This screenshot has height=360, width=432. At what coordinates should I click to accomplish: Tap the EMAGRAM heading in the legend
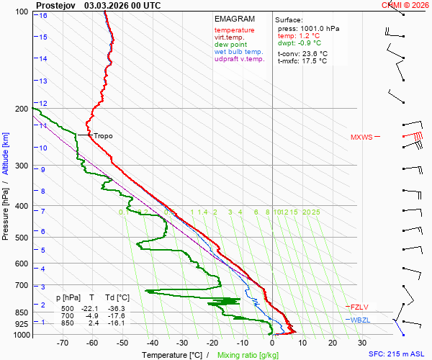coord(235,19)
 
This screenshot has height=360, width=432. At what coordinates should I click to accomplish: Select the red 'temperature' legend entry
coord(234,30)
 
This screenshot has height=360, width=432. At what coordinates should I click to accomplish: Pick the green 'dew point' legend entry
coord(230,45)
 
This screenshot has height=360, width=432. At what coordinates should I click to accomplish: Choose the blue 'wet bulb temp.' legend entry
coord(239,52)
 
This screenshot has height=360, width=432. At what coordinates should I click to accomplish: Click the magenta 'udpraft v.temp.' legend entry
coord(240,59)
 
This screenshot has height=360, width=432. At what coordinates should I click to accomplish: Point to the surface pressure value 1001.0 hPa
coord(318,28)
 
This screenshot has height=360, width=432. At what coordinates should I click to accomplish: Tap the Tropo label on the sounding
coord(103,135)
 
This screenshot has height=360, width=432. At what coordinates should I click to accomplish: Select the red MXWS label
coord(361,137)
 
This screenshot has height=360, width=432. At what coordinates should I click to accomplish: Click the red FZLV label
coord(359,307)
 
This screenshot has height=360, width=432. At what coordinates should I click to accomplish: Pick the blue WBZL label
coord(360,320)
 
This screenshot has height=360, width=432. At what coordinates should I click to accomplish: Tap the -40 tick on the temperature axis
coord(152,343)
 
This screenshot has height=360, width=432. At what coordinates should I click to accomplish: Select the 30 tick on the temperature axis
coord(362,343)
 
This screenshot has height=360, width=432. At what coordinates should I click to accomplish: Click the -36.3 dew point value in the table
coord(117,308)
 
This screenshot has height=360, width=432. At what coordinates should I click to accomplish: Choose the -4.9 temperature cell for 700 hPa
coord(91,315)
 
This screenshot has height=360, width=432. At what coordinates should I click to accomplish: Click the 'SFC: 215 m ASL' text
coord(397,354)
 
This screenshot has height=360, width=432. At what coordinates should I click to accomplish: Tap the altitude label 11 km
coord(43,125)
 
